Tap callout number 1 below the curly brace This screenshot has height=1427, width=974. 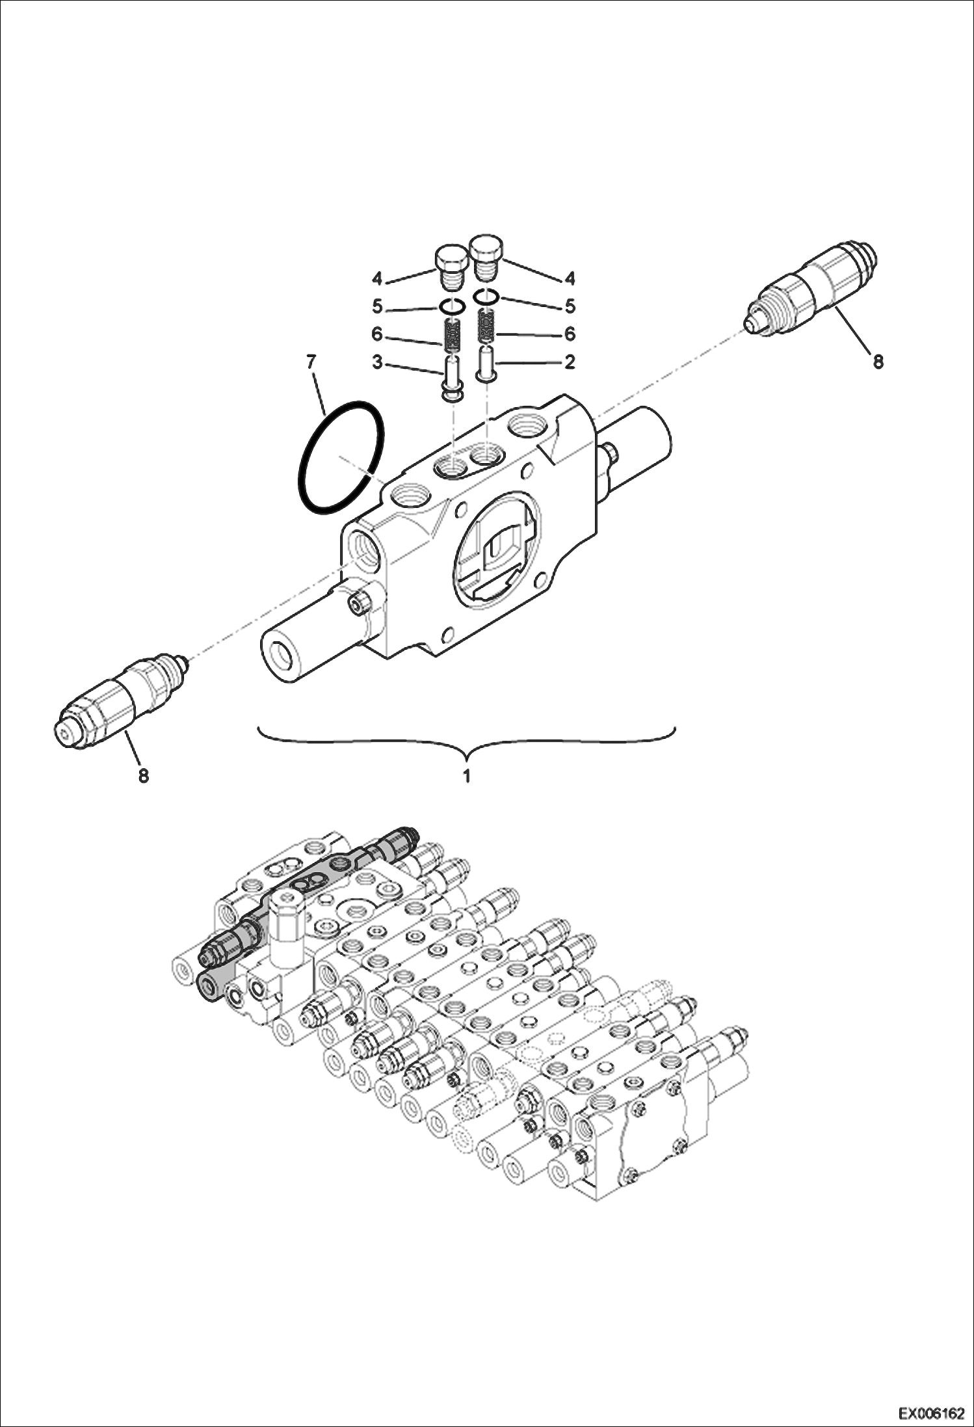[466, 776]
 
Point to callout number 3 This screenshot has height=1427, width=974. [377, 362]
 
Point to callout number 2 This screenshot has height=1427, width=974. [569, 362]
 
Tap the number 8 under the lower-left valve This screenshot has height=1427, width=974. [143, 775]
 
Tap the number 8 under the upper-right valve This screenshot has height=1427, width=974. [878, 362]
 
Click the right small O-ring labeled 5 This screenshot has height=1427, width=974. [486, 297]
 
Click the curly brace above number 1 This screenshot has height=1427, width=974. [466, 741]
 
